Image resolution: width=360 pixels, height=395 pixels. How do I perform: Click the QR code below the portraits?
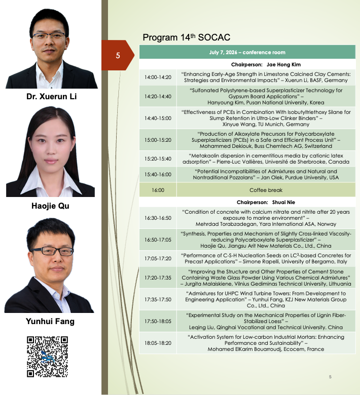click(x=48, y=357)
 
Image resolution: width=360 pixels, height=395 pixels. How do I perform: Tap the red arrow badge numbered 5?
click(x=118, y=55)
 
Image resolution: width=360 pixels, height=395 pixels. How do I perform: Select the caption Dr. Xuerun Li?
click(x=51, y=97)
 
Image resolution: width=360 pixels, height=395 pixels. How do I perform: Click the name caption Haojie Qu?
click(x=50, y=206)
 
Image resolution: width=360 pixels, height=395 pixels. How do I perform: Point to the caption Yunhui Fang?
click(x=50, y=321)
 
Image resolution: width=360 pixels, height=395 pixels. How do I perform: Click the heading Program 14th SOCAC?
click(x=187, y=37)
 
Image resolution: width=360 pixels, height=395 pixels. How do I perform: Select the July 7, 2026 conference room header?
click(x=247, y=52)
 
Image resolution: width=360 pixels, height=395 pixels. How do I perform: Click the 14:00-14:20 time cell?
click(x=158, y=77)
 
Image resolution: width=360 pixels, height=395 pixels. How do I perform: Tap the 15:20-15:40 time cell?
click(x=158, y=159)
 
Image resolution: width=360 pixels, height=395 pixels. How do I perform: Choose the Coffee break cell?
click(x=266, y=190)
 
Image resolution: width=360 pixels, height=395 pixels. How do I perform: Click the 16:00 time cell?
click(x=158, y=190)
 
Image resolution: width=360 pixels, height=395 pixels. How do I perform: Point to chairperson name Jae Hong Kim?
click(x=283, y=64)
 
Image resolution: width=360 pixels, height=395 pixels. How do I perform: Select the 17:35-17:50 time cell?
click(x=158, y=299)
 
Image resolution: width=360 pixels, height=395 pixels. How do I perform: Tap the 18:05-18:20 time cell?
click(x=158, y=343)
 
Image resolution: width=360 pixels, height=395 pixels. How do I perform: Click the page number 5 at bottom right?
click(x=330, y=377)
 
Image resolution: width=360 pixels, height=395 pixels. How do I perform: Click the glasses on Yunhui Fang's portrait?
click(x=52, y=251)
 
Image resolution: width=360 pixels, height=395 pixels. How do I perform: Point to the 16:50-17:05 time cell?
click(x=158, y=240)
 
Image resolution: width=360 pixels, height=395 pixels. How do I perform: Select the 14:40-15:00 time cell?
click(x=158, y=118)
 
